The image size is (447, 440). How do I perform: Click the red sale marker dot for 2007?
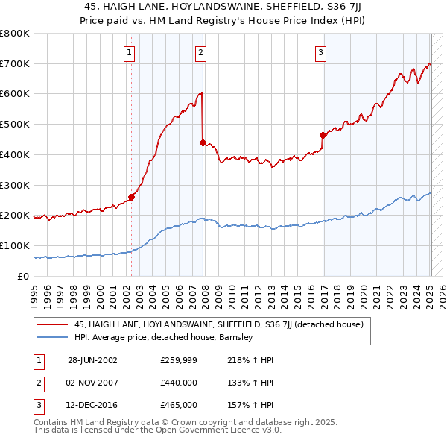tap(203, 142)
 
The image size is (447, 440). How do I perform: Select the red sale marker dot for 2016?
tap(323, 135)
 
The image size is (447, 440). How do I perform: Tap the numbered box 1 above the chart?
tap(130, 52)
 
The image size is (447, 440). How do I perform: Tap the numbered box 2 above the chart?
tap(201, 52)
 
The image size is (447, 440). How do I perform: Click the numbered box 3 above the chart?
tap(320, 52)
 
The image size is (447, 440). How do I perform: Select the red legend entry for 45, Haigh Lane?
tap(218, 324)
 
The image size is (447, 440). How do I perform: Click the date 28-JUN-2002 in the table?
tap(92, 359)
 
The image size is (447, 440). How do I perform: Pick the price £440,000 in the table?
tap(179, 383)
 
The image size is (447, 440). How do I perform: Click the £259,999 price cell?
tap(179, 359)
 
